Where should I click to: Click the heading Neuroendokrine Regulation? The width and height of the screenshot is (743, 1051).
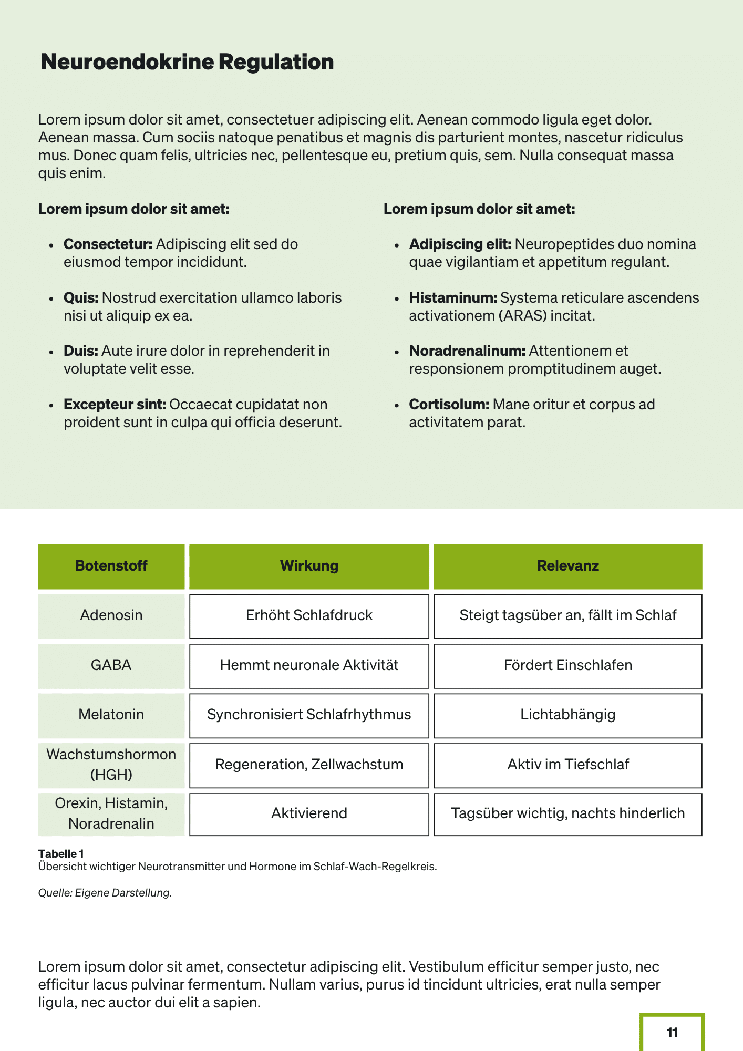pyautogui.click(x=187, y=62)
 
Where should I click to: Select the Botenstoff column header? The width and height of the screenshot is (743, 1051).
pyautogui.click(x=111, y=566)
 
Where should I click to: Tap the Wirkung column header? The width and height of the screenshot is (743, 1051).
pyautogui.click(x=309, y=566)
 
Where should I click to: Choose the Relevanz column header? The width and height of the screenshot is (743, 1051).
pyautogui.click(x=567, y=566)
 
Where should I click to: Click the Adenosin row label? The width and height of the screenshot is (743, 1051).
pyautogui.click(x=111, y=615)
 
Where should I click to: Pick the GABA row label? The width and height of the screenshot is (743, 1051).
pyautogui.click(x=111, y=665)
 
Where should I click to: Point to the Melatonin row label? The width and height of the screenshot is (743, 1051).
pyautogui.click(x=111, y=715)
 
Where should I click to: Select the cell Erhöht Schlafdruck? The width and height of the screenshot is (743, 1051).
pyautogui.click(x=309, y=615)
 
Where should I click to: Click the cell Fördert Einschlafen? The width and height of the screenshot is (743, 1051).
pyautogui.click(x=567, y=665)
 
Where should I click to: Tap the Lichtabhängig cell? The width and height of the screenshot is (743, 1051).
pyautogui.click(x=567, y=715)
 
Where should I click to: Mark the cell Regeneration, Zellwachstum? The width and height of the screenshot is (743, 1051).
pyautogui.click(x=309, y=765)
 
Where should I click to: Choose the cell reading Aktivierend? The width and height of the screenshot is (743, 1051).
pyautogui.click(x=309, y=813)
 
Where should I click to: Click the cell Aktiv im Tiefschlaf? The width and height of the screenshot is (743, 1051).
pyautogui.click(x=567, y=765)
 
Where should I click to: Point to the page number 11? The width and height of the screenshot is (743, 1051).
pyautogui.click(x=672, y=1033)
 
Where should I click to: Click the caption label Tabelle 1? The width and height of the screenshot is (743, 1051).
pyautogui.click(x=61, y=854)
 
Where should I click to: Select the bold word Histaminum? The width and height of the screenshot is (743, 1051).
pyautogui.click(x=453, y=298)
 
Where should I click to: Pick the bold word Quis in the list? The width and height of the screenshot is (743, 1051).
pyautogui.click(x=81, y=298)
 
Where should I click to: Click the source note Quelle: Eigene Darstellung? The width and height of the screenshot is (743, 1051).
pyautogui.click(x=105, y=893)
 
